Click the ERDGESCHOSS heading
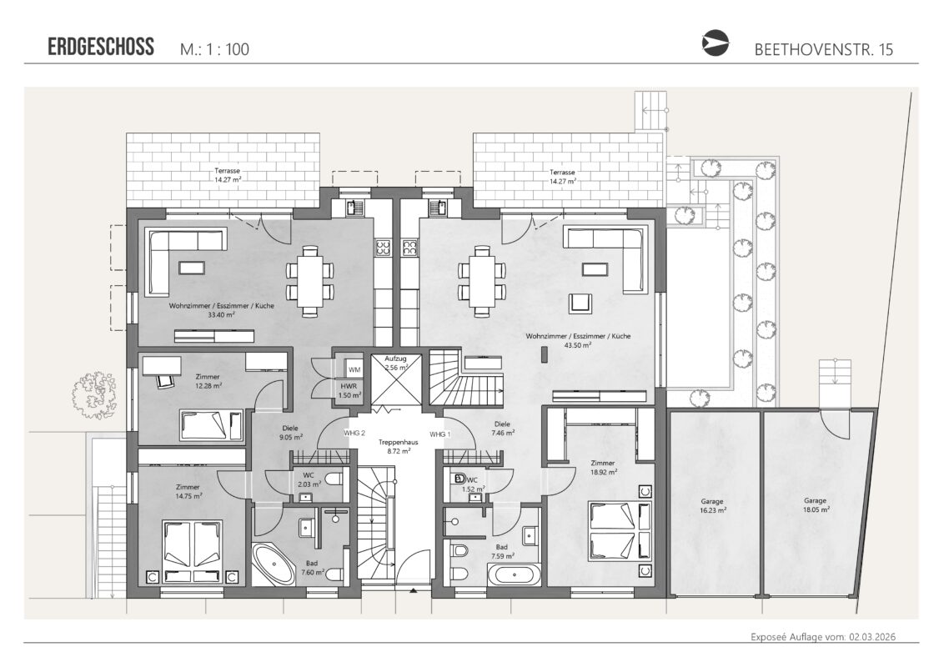(101, 47)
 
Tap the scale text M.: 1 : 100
(214, 48)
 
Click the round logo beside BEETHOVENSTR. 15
(716, 43)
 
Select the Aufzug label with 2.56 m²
(395, 363)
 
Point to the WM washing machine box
(354, 369)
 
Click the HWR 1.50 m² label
(349, 391)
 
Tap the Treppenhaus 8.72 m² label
(398, 446)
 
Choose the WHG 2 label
(354, 433)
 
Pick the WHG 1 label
(440, 434)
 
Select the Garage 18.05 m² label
(816, 504)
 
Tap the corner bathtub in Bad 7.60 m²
(273, 564)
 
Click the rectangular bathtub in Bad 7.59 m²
(514, 575)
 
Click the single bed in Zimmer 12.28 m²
(211, 425)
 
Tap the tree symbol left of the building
(94, 395)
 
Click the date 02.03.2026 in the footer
(872, 637)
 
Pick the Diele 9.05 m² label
(290, 433)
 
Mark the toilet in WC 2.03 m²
(334, 479)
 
